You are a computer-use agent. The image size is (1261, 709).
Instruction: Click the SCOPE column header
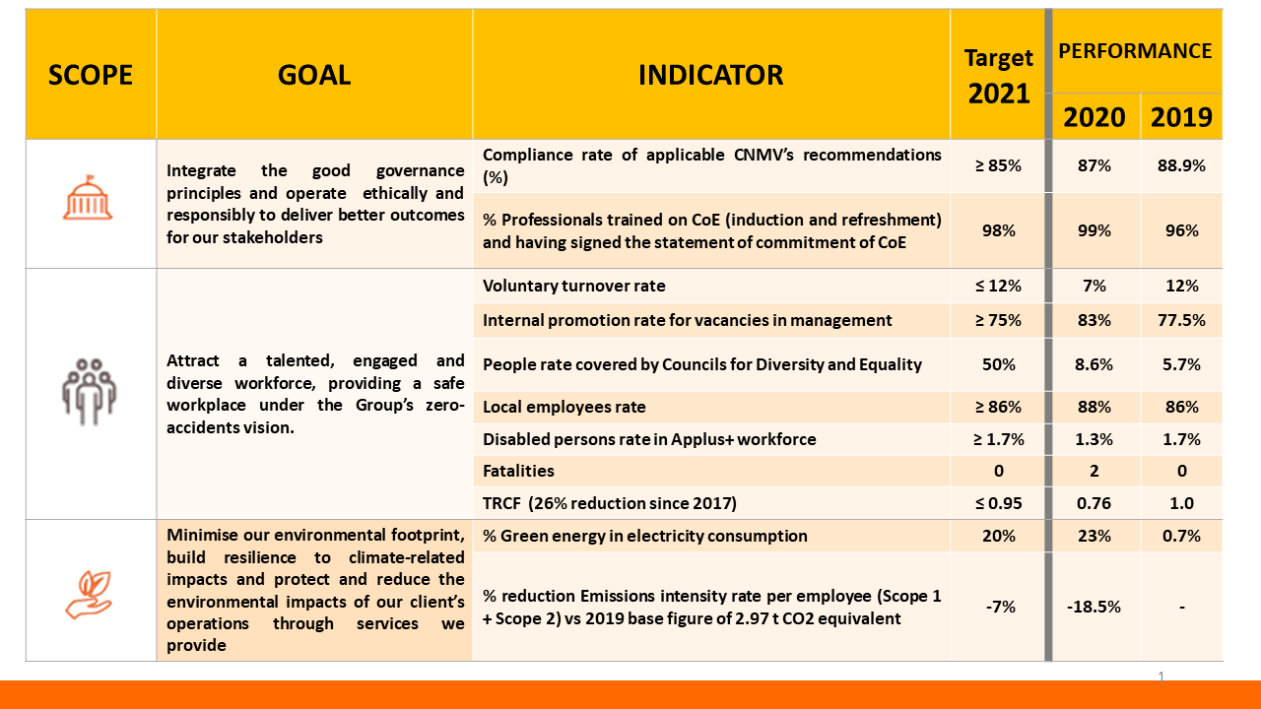click(x=91, y=75)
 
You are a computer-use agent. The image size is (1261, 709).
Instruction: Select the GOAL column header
click(x=314, y=75)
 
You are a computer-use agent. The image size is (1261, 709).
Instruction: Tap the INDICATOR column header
click(x=710, y=75)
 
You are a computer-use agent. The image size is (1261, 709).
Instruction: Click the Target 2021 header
click(x=998, y=76)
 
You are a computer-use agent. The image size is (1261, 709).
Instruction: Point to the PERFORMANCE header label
click(x=1135, y=51)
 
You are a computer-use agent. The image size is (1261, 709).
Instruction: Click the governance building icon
click(x=89, y=200)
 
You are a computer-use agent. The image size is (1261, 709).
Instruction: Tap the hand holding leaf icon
click(x=89, y=594)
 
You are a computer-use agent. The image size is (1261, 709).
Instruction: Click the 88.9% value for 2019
click(x=1181, y=165)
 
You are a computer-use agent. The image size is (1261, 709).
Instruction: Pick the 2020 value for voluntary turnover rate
click(x=1094, y=286)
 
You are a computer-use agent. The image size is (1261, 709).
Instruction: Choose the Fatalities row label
click(x=518, y=471)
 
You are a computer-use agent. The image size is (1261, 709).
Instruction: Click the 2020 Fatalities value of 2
click(x=1094, y=471)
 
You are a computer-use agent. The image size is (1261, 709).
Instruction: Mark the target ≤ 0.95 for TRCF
click(x=998, y=503)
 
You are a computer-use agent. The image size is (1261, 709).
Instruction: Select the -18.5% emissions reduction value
click(x=1094, y=607)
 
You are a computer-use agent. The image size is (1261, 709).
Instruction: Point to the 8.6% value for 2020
click(x=1094, y=364)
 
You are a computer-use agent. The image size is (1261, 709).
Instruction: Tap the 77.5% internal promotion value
click(x=1181, y=320)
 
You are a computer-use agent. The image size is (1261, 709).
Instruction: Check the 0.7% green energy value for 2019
click(x=1181, y=536)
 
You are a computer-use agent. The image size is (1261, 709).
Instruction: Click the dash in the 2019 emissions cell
click(x=1181, y=607)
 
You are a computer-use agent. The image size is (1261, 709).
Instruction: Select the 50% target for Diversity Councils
click(x=998, y=364)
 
